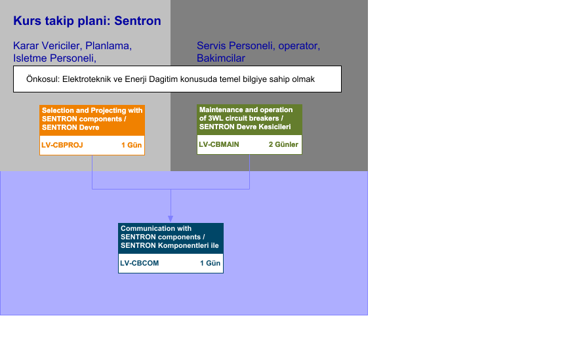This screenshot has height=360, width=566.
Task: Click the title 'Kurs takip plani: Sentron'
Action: pos(87,21)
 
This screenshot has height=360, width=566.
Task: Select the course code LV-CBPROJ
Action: pos(62,145)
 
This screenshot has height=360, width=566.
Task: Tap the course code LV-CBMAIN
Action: pos(219,144)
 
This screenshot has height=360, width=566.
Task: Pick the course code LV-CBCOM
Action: pos(139,263)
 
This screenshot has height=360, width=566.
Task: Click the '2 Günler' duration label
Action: pos(283,144)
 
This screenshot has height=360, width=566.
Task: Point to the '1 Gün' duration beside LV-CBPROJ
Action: pos(131,145)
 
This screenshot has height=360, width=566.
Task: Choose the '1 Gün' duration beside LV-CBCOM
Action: pos(210,263)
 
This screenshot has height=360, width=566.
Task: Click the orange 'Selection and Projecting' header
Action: pos(92,119)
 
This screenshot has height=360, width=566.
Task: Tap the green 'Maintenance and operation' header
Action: pos(249,119)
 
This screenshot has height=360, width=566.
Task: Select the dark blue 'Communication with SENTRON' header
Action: pos(171,237)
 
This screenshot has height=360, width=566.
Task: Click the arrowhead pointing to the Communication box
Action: pos(171,219)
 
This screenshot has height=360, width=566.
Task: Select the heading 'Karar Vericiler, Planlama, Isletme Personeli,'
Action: pos(73,52)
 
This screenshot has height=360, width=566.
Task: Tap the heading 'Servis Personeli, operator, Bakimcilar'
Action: pos(258,52)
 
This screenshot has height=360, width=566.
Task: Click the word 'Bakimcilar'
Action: pos(221,58)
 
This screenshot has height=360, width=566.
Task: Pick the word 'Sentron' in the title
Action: pos(138,21)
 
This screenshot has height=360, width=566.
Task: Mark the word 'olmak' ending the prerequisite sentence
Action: pos(303,79)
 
